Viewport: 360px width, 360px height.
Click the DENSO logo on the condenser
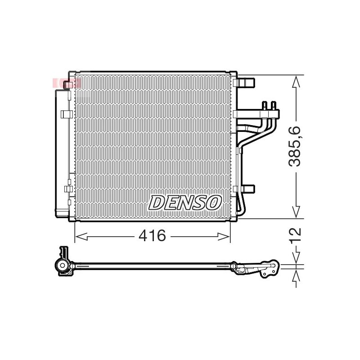185,202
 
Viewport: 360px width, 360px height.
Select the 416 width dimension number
152,235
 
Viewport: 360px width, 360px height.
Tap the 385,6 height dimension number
295,146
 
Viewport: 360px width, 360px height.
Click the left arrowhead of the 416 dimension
81,237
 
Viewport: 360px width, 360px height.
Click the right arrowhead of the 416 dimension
224,237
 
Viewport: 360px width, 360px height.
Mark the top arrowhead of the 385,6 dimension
296,81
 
